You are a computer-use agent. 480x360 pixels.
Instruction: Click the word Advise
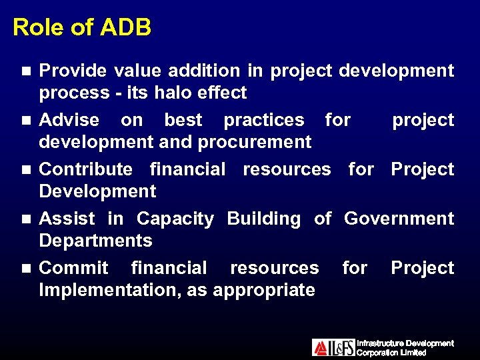coord(69,120)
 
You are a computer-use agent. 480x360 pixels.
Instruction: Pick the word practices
coord(264,120)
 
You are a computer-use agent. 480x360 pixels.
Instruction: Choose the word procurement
coord(261,142)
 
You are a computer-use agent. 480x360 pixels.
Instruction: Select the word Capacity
coord(175,219)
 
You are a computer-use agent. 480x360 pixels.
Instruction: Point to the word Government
coord(399,219)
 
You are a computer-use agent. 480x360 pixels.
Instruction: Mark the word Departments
coord(96,241)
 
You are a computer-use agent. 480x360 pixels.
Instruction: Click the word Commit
coord(73,268)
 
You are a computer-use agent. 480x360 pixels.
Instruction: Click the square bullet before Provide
coord(25,71)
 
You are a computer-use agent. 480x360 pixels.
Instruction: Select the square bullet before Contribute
coord(25,170)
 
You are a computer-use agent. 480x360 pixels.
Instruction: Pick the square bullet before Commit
coord(25,269)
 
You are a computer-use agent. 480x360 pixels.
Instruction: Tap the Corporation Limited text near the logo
coord(391,353)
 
